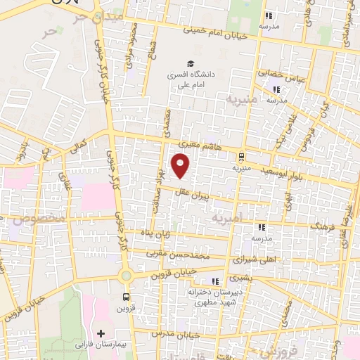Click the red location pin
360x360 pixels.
[x=181, y=166]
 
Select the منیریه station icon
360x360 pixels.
[x=242, y=156]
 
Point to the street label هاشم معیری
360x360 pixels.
[x=205, y=143]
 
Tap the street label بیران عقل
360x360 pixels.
[x=194, y=200]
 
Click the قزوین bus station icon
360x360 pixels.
[x=126, y=297]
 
